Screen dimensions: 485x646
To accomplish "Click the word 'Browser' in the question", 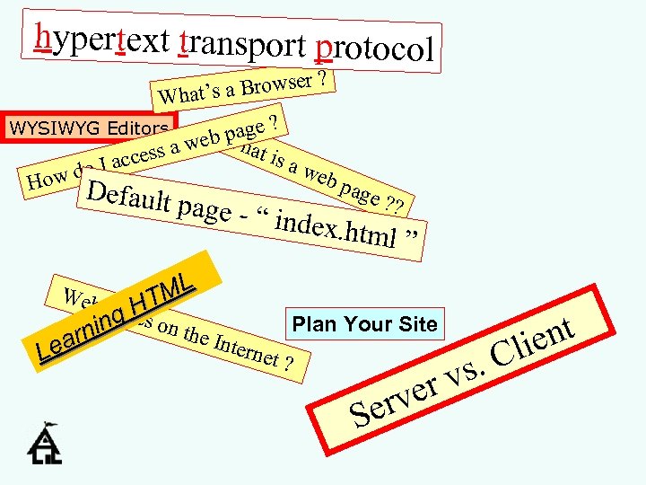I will pos(275,84).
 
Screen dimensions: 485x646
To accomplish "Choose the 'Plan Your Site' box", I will pos(364,324).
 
